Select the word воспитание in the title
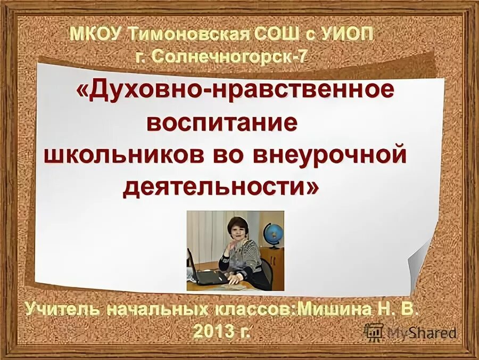point(221,123)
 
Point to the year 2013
point(212,331)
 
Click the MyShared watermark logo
point(411,333)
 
